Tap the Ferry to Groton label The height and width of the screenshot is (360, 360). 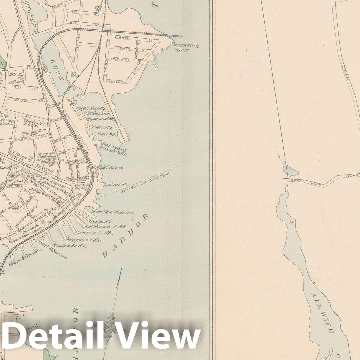(145, 183)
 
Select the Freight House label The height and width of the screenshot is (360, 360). (108, 167)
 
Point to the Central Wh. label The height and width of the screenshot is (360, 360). (116, 185)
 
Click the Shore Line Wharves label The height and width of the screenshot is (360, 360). (112, 212)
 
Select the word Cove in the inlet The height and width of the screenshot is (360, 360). (57, 70)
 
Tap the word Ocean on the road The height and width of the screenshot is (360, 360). (345, 71)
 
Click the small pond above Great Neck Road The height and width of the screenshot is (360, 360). (290, 169)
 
